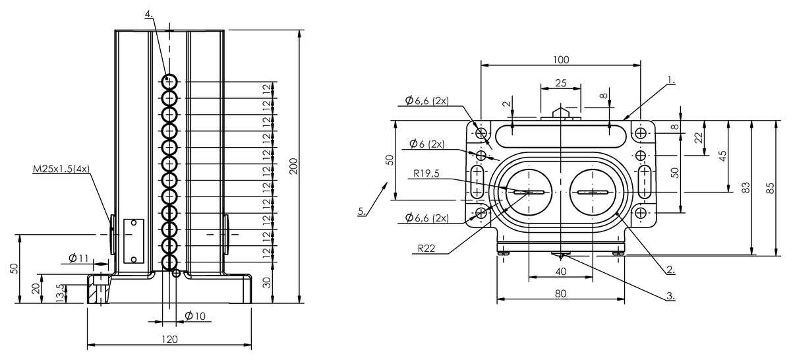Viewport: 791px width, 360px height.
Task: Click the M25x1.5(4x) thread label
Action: pos(61,169)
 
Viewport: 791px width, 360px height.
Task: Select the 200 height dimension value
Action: pos(294,166)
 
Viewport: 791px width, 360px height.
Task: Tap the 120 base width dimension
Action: pos(169,339)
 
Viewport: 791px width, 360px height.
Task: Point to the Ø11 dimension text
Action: pos(78,258)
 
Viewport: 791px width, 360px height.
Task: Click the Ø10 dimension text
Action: pos(195,316)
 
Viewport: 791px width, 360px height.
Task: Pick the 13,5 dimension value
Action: pos(61,293)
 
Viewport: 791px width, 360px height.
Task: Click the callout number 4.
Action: pos(149,14)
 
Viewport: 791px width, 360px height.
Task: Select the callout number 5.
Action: pos(362,211)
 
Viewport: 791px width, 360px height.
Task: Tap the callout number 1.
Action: pos(671,80)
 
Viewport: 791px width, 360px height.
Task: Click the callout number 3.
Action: pos(671,296)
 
